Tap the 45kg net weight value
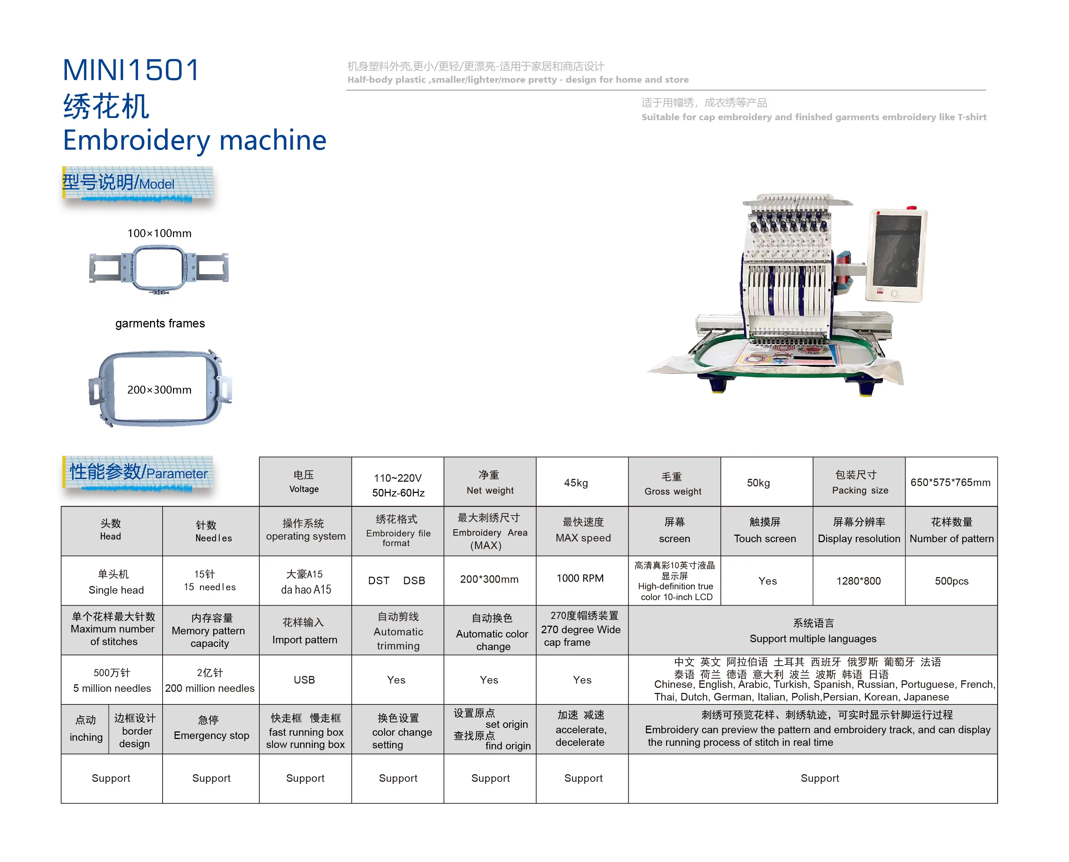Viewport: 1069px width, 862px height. [576, 483]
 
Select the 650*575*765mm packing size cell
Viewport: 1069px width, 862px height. [950, 483]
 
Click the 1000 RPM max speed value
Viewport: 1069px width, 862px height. [580, 579]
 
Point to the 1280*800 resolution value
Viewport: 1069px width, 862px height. [859, 581]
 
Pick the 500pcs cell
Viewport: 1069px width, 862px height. [951, 581]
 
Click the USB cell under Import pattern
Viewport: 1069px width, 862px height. [304, 680]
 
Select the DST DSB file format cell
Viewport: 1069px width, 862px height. [397, 580]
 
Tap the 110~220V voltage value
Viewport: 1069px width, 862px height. [398, 485]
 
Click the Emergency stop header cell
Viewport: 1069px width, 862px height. [211, 729]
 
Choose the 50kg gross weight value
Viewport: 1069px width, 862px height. [758, 483]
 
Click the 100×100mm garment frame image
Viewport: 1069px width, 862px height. [159, 269]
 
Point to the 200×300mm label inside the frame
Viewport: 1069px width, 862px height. [159, 390]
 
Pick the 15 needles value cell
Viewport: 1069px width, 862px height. [210, 580]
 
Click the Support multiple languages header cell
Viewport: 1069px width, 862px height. [813, 631]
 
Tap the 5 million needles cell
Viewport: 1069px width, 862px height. [112, 680]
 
